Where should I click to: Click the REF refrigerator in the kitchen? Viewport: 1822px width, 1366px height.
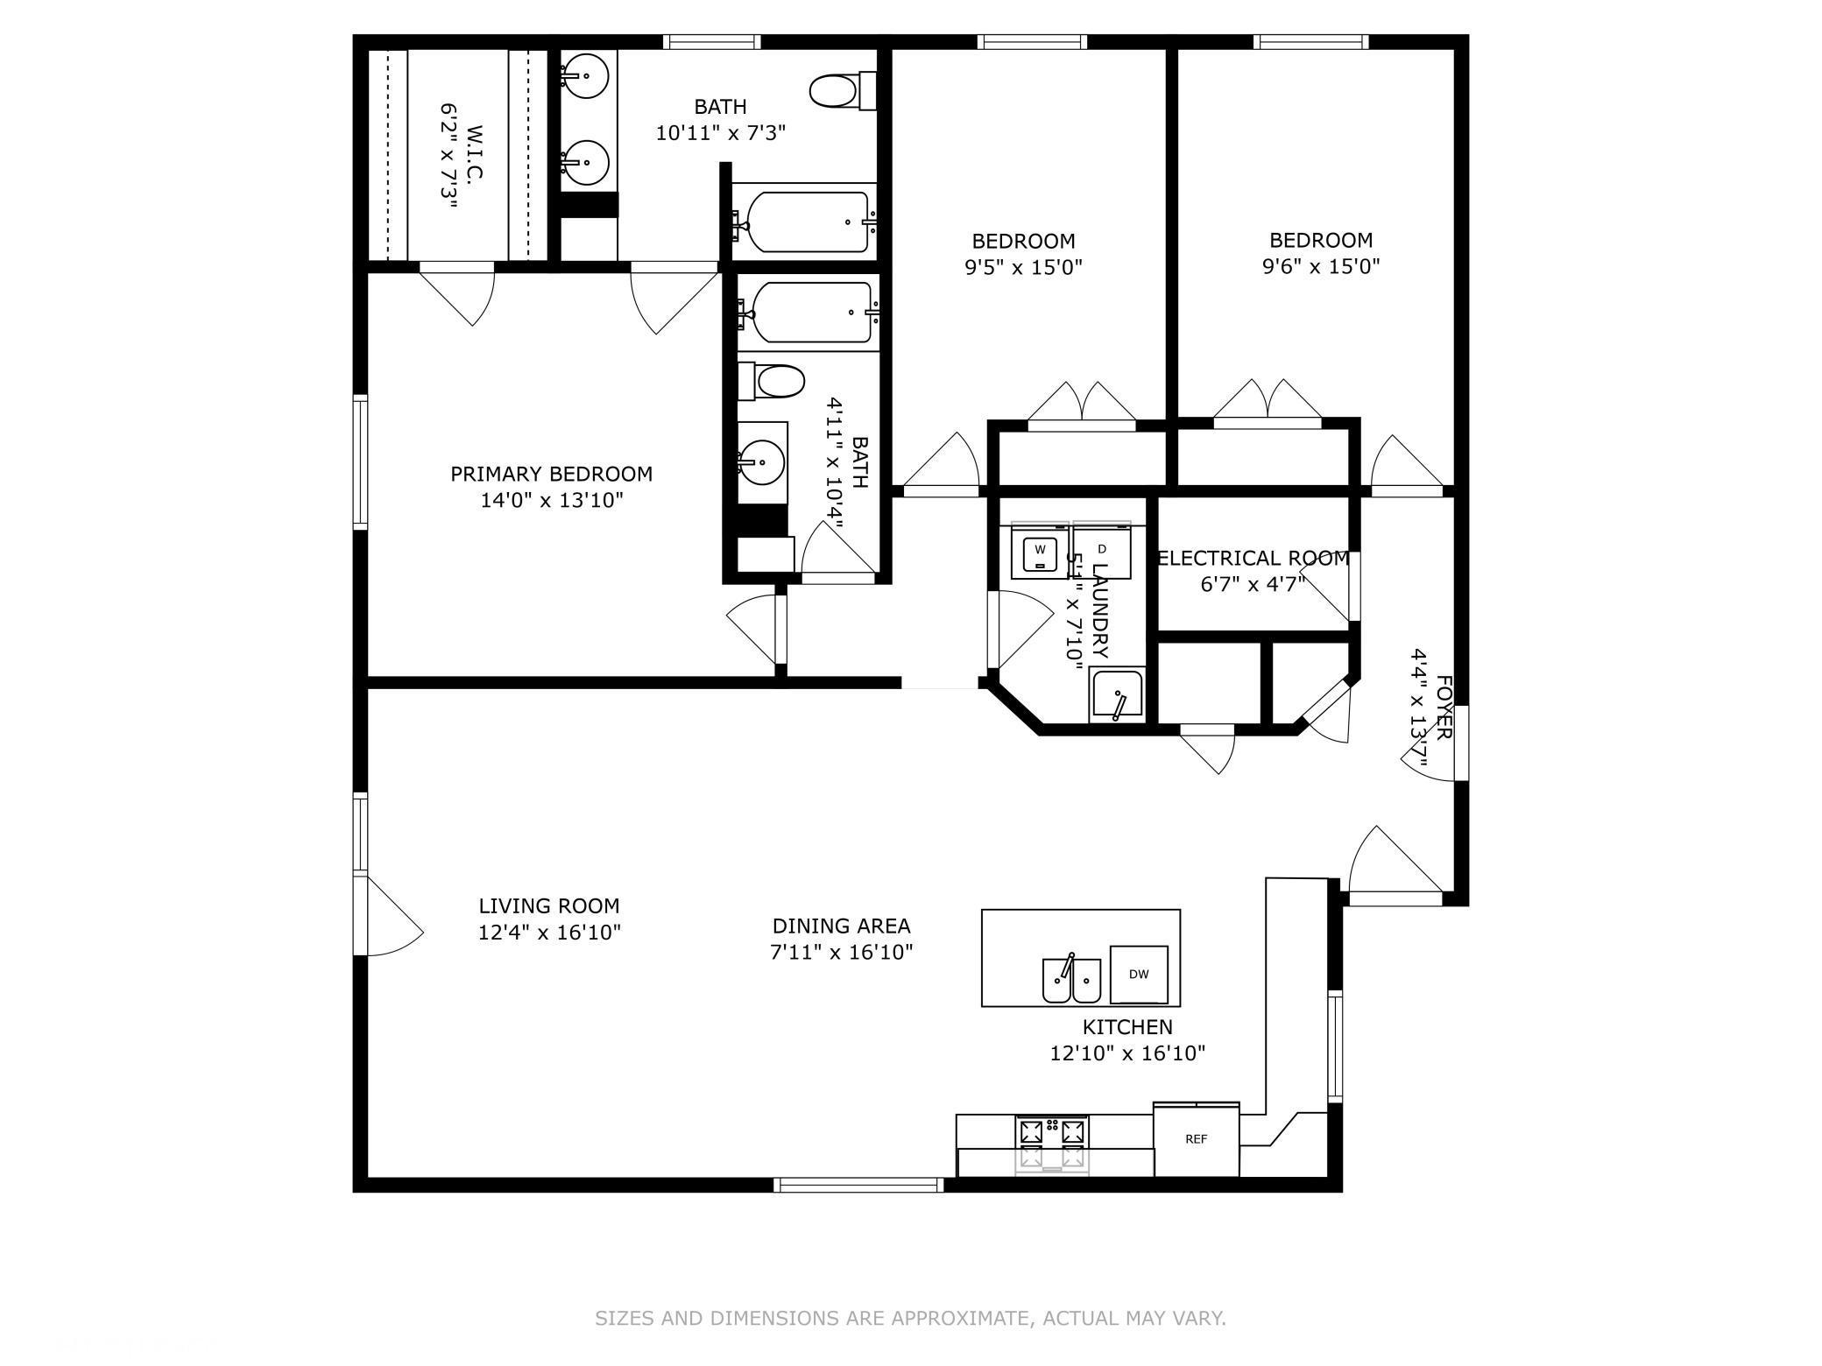tap(1196, 1138)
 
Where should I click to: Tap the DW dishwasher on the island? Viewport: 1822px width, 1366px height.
tap(1138, 974)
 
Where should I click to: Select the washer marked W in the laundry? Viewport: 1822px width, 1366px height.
tap(1040, 552)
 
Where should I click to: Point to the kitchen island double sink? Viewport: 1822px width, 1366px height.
tap(1071, 980)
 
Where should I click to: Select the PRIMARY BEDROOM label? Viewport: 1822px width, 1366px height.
tap(551, 474)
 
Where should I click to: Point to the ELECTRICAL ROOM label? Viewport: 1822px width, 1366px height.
tap(1253, 558)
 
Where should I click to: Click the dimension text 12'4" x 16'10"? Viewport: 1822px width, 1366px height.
tap(549, 933)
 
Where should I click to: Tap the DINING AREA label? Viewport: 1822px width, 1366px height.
tap(841, 926)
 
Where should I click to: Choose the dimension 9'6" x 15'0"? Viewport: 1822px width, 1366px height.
tap(1321, 266)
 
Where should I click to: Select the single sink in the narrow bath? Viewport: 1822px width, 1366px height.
tap(761, 461)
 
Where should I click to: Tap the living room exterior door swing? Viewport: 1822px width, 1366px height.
tap(392, 919)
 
